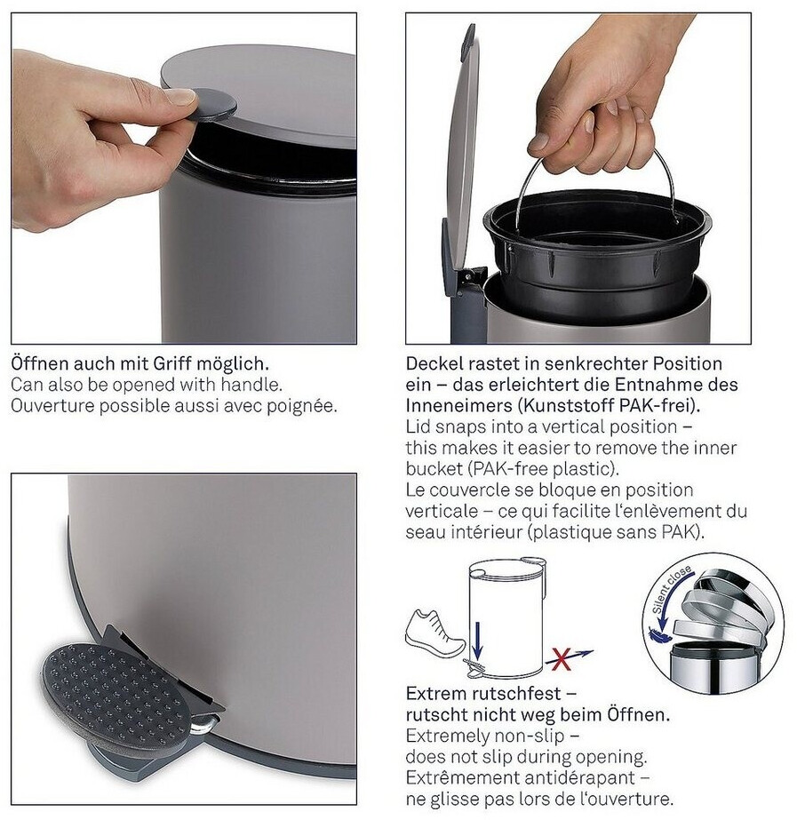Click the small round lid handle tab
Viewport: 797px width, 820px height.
coord(213,105)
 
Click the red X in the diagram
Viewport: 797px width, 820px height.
coord(561,659)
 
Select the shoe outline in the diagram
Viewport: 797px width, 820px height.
coord(435,633)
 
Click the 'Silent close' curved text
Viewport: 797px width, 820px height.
coord(671,588)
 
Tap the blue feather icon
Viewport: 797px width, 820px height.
coord(654,634)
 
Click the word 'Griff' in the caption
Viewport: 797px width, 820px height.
coord(170,363)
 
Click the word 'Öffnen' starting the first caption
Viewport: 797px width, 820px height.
coord(38,363)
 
